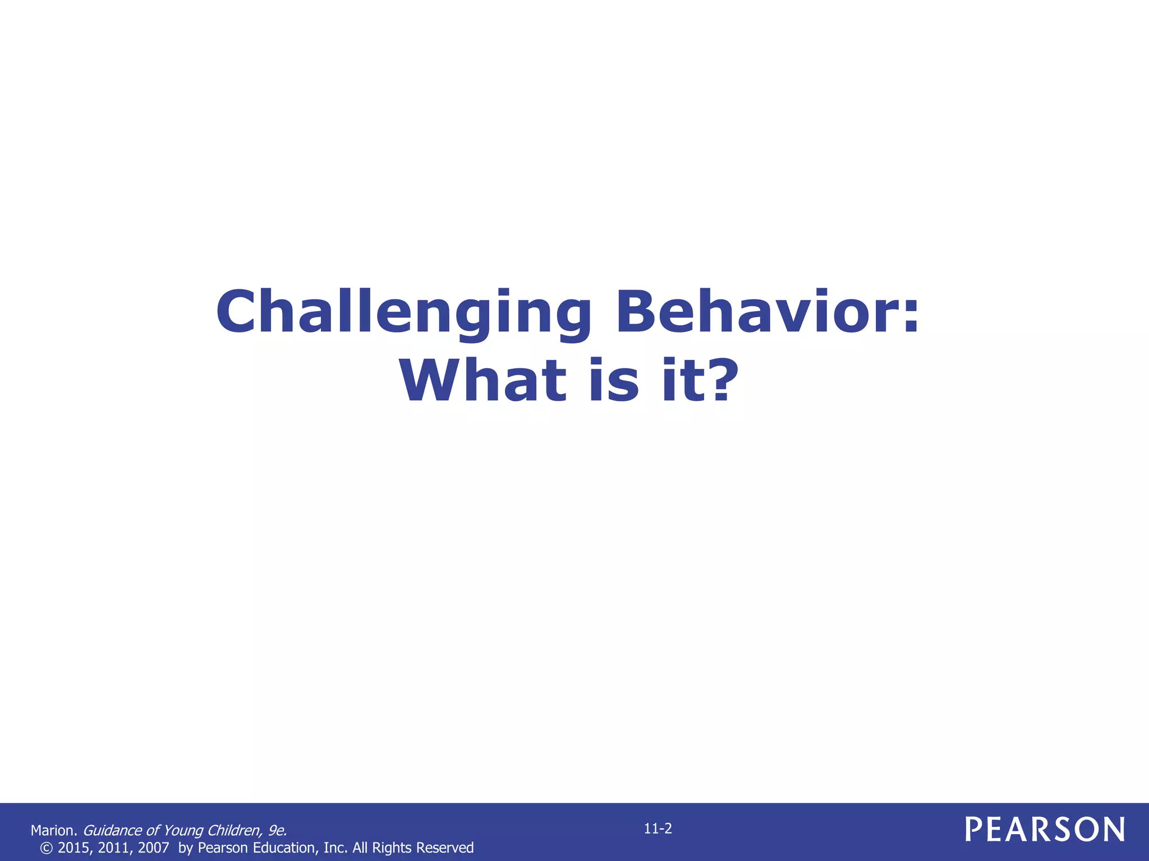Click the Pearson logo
click(x=1045, y=830)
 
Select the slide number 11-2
click(x=658, y=828)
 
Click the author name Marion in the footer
click(x=53, y=831)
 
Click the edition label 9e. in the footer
click(x=277, y=831)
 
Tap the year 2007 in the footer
click(x=153, y=848)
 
